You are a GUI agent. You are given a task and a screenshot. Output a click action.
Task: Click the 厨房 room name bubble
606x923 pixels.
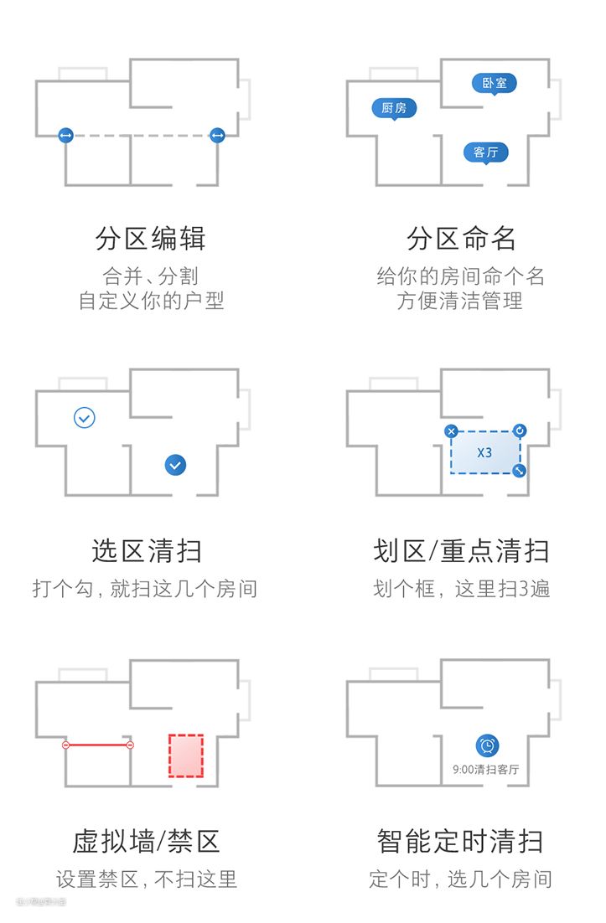[x=394, y=108]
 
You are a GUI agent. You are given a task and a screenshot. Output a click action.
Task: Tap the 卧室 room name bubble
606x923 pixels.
[x=495, y=83]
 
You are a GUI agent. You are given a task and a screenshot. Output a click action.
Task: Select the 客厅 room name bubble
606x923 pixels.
[x=486, y=152]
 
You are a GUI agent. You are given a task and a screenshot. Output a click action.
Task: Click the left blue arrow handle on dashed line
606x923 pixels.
[x=66, y=135]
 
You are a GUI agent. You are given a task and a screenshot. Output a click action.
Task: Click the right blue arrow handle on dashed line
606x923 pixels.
[x=217, y=135]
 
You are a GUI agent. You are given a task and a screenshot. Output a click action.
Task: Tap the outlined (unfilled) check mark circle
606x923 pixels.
[x=85, y=417]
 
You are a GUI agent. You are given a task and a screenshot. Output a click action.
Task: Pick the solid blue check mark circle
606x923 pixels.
[x=175, y=464]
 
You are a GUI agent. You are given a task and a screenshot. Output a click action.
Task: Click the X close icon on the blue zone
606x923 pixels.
[x=451, y=431]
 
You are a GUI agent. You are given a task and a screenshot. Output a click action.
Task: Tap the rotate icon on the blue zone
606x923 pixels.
[x=520, y=431]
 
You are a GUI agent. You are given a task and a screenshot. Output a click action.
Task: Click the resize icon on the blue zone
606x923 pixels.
[x=520, y=471]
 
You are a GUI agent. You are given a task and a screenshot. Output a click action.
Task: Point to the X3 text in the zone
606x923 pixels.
[x=484, y=452]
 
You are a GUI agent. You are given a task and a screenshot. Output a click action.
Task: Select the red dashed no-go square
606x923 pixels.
[x=186, y=755]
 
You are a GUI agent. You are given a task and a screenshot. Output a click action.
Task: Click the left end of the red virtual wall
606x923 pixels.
[x=66, y=745]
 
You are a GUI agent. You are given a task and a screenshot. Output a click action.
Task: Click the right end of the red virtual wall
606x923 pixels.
[x=130, y=745]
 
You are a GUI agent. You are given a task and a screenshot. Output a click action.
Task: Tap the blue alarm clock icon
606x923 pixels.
[x=487, y=745]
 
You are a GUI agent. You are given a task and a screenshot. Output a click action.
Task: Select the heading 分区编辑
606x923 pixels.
[x=151, y=240]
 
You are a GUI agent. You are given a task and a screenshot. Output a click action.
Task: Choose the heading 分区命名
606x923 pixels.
[x=462, y=240]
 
